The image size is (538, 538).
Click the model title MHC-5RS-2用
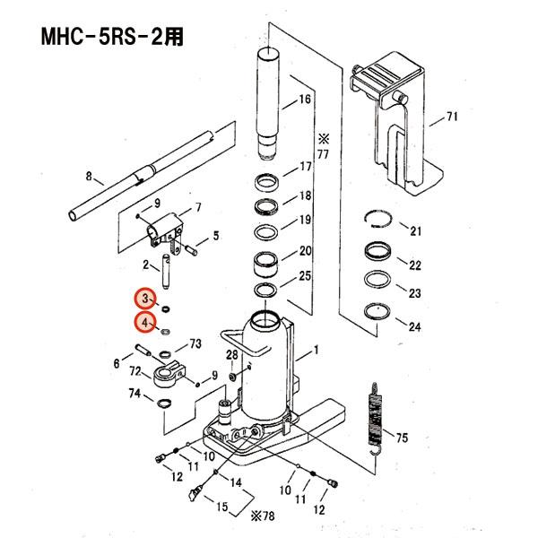click(117, 39)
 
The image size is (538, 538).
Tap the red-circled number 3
click(144, 299)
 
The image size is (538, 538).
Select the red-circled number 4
click(144, 323)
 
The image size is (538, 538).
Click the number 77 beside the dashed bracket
click(323, 154)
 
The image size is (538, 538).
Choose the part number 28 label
click(231, 357)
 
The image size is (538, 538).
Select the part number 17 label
click(305, 167)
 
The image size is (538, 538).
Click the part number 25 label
click(305, 275)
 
